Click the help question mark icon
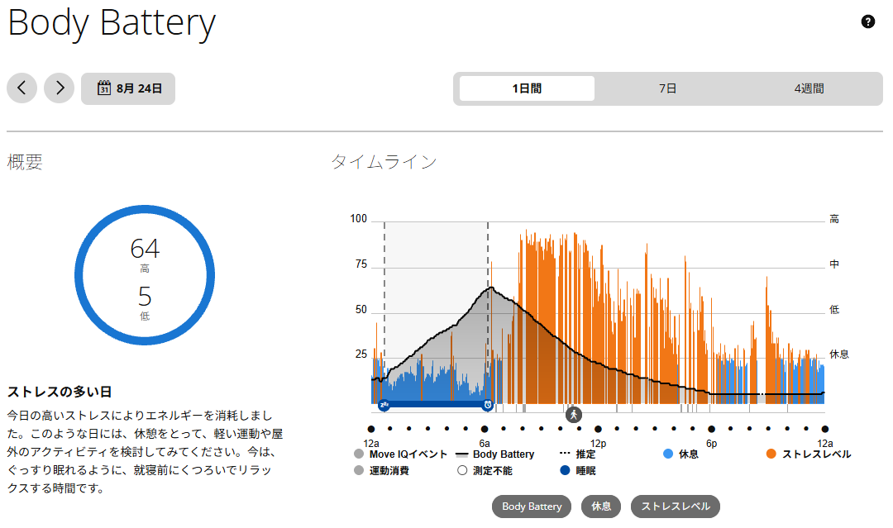(x=867, y=21)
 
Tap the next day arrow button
(x=60, y=88)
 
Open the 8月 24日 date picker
(x=128, y=88)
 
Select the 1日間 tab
(x=527, y=88)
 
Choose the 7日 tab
(x=667, y=88)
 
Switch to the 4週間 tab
(x=809, y=88)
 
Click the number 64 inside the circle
(x=145, y=249)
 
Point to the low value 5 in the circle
(x=145, y=297)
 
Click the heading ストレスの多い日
(x=60, y=392)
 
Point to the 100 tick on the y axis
(x=358, y=219)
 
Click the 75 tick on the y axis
(x=361, y=264)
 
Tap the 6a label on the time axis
(x=485, y=443)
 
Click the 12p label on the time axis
(x=598, y=443)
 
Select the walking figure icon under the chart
(x=574, y=415)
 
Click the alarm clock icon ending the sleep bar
(x=488, y=405)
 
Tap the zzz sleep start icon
(x=384, y=405)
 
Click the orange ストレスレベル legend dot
(x=771, y=454)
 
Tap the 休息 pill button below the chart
(x=601, y=507)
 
